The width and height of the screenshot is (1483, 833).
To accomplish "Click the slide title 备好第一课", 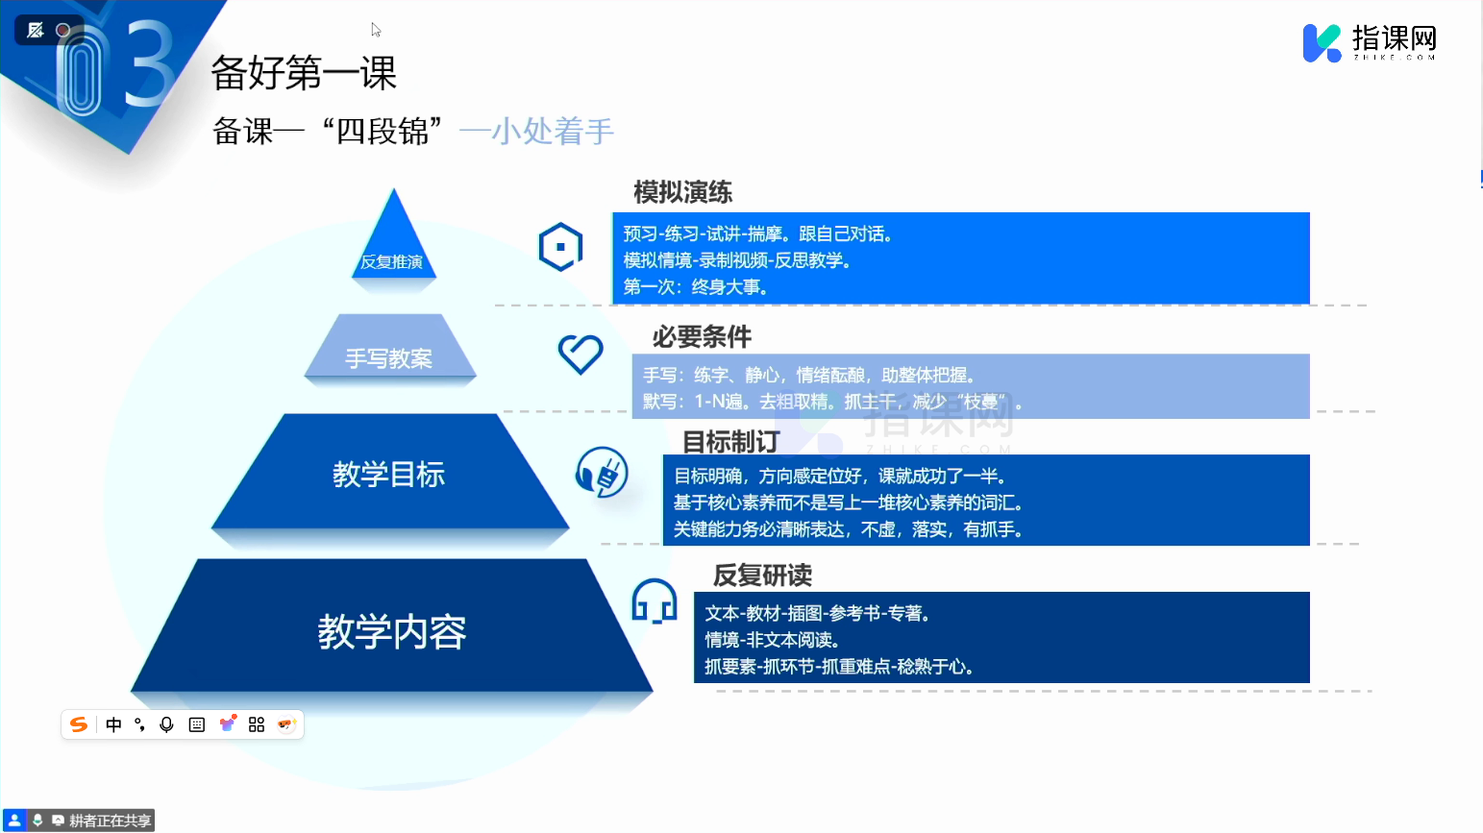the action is point(303,72).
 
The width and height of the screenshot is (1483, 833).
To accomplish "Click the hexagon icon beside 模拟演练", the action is point(560,247).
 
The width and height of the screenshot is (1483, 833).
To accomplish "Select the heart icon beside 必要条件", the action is point(581,354).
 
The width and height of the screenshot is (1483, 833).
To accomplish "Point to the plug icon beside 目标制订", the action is point(602,473).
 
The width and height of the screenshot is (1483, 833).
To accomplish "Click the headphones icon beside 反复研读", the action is point(655,601).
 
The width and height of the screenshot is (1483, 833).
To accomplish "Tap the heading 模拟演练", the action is point(682,192).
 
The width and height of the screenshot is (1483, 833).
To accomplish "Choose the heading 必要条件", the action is point(702,337).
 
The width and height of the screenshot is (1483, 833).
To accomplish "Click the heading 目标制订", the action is point(730,441).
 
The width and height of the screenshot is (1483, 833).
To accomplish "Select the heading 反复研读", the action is point(762,575).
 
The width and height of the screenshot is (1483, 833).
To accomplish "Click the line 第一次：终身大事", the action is point(696,287).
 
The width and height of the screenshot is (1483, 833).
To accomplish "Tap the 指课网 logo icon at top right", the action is point(1322,43).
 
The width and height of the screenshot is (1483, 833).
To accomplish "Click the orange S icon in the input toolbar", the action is point(79,724).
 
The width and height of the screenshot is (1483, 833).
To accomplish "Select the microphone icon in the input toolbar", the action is point(167,725).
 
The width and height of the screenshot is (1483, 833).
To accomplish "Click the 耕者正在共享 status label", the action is point(110,821).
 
